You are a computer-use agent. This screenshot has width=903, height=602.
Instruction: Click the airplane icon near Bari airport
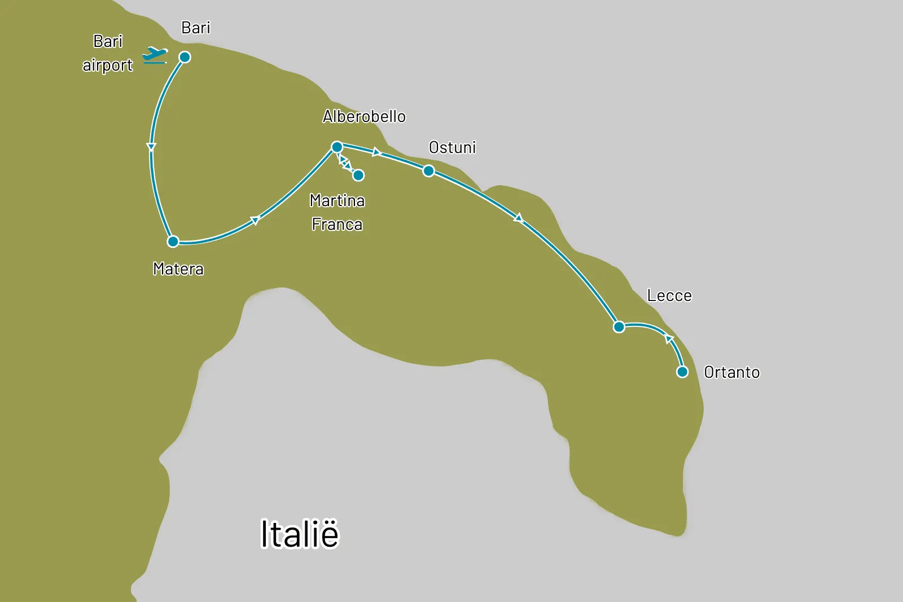coord(155,55)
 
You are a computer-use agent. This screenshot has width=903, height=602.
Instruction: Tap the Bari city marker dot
coord(185,57)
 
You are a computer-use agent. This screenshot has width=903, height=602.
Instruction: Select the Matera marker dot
coord(173,242)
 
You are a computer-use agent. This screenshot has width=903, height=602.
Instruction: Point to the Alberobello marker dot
coord(337,147)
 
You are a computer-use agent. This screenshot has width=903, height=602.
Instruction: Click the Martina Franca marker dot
coord(358,175)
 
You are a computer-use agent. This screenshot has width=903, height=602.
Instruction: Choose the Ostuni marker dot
coord(428,171)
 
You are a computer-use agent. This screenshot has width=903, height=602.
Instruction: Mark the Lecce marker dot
coord(619,327)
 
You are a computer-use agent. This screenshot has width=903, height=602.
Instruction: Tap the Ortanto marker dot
coord(682,372)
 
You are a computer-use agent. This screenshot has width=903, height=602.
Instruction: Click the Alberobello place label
coord(364,116)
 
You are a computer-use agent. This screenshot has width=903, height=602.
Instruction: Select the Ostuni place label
coord(452,147)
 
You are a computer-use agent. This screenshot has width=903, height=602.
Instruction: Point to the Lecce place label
coord(669,295)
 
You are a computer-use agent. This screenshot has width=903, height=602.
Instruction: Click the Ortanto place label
coord(732,372)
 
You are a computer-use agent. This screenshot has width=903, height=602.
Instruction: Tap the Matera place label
coord(178,269)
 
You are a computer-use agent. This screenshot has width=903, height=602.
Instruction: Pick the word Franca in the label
coord(337,224)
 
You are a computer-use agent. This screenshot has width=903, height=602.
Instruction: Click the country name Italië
coord(300,534)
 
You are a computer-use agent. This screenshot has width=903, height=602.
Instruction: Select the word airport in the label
coord(107,66)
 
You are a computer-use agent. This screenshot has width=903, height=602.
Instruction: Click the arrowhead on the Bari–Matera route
coord(151,147)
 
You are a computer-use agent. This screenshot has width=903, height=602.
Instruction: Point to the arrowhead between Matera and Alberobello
coord(255,220)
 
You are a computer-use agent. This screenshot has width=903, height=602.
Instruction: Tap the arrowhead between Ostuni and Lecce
coord(519,218)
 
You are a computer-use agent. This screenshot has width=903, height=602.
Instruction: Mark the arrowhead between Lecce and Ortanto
coord(669,339)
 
